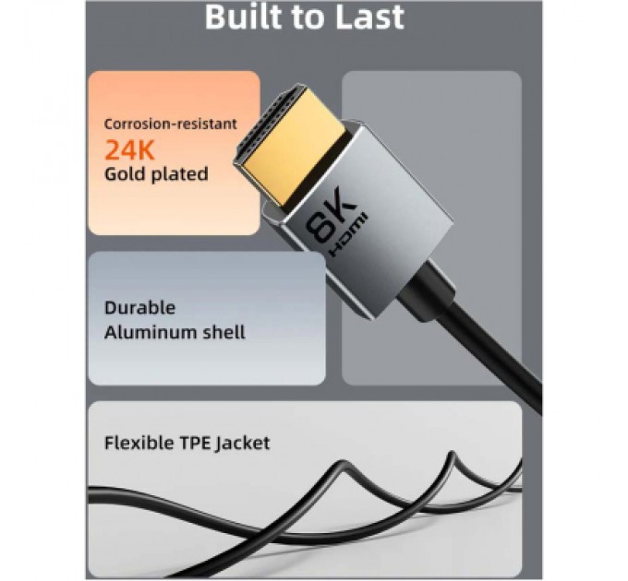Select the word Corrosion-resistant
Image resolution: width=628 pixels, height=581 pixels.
[170, 124]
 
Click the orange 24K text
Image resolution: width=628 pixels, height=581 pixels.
[129, 148]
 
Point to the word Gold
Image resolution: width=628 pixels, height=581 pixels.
[126, 173]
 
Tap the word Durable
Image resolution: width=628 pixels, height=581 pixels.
[139, 308]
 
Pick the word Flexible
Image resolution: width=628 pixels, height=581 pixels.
[139, 443]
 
